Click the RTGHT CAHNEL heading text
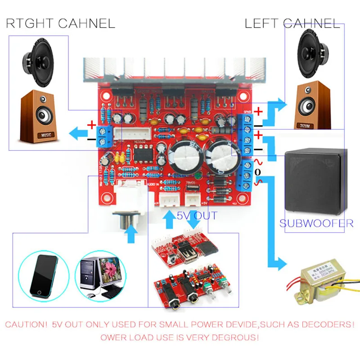coord(60,22)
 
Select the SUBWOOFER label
coord(316,223)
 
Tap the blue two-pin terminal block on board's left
coord(105,135)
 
